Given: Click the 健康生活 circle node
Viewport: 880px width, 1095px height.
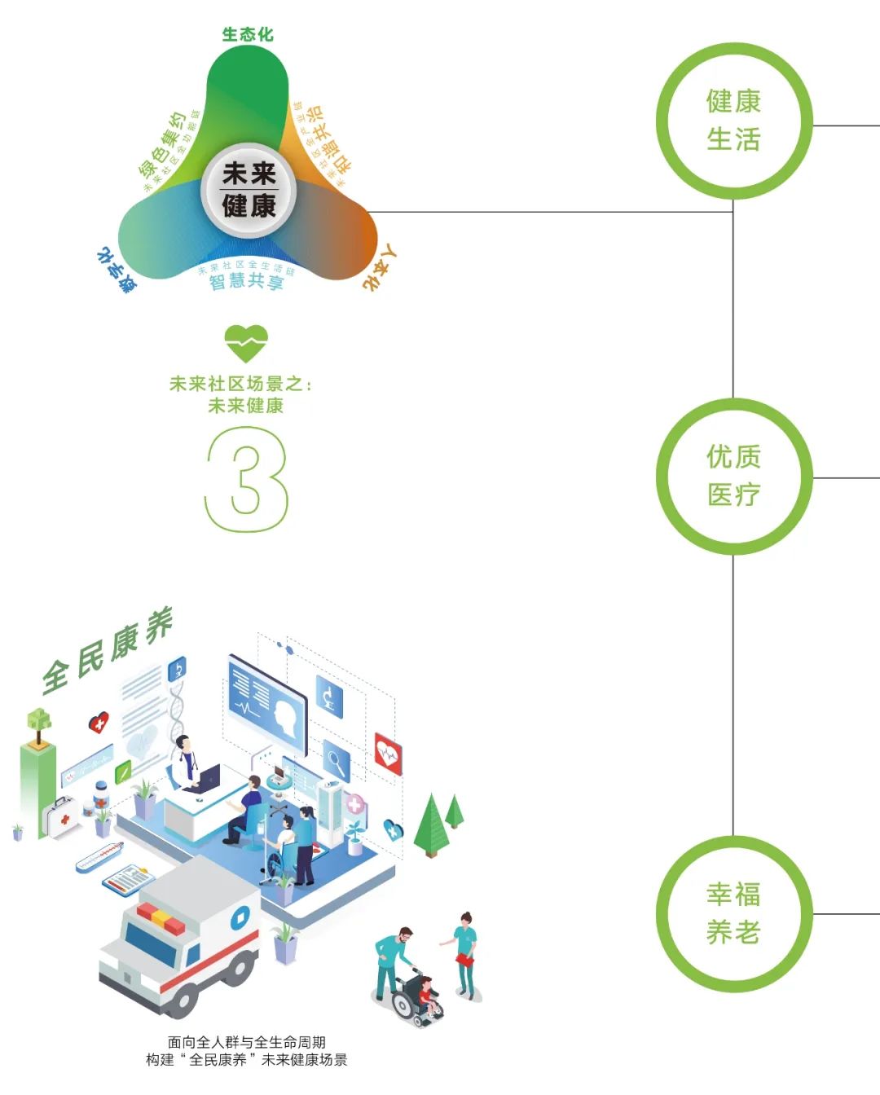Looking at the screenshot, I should pos(734,121).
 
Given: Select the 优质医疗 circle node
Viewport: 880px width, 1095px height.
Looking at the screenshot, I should pos(734,476).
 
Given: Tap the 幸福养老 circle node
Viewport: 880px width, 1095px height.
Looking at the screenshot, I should pos(734,913).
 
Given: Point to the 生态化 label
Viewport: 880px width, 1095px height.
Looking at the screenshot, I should pos(248,34).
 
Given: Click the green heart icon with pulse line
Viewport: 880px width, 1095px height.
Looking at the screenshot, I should pos(245,343).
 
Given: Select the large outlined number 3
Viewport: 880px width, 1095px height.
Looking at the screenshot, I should pos(247,480).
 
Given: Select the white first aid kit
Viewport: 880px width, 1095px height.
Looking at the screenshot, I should pos(61,817).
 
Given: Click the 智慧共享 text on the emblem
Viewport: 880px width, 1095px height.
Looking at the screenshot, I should pos(246,282).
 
